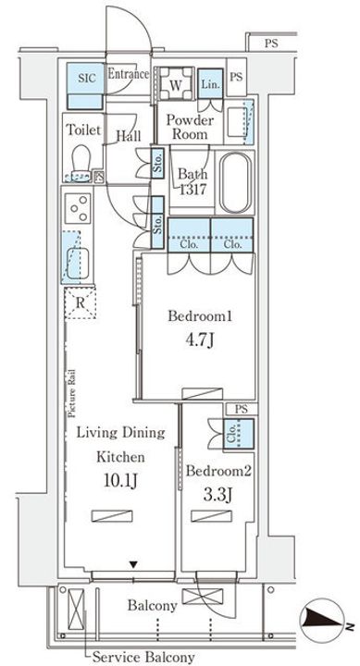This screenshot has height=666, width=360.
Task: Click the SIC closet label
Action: tap(86, 79)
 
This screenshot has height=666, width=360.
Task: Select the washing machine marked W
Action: tap(175, 83)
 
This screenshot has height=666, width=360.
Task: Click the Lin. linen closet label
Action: tap(210, 83)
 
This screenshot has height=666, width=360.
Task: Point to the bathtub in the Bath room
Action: tap(235, 182)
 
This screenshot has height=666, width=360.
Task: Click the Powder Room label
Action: tap(189, 127)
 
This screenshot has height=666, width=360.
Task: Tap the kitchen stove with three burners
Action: tap(79, 208)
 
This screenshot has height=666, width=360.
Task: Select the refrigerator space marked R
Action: tap(80, 303)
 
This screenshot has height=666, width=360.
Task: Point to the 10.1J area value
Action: tap(120, 480)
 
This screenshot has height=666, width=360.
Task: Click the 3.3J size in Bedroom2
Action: tap(218, 494)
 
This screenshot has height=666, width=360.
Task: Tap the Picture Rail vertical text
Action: tap(73, 393)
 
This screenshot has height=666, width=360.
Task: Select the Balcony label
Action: tap(153, 605)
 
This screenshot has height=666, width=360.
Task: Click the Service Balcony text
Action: tap(143, 657)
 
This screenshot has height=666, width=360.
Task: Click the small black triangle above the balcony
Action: tap(134, 564)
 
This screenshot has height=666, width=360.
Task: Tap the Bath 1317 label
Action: tap(192, 181)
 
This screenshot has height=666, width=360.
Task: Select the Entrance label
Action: tap(129, 74)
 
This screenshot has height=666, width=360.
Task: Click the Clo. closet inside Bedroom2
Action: tap(239, 434)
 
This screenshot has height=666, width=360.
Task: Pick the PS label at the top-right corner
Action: tap(271, 43)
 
